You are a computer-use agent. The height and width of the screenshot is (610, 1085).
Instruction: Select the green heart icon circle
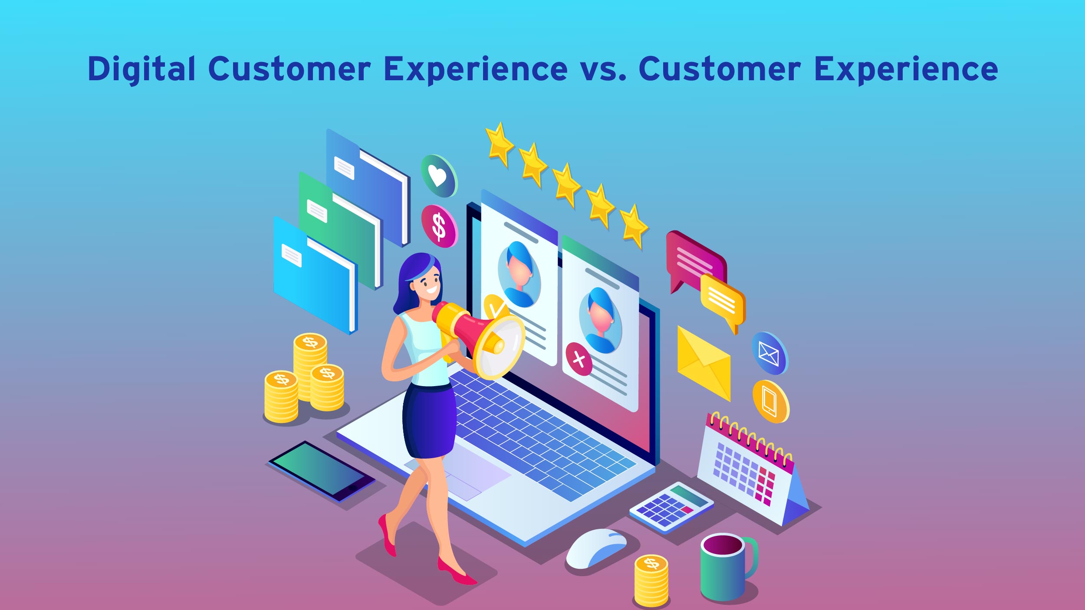[x=439, y=176]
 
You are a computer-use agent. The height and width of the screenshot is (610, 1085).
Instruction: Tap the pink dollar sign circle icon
[x=439, y=226]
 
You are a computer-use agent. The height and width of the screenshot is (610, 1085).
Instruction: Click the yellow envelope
[x=704, y=363]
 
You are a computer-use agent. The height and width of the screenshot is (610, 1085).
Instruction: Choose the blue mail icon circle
[x=769, y=353]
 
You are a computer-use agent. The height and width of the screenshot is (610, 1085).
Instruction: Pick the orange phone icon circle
[x=771, y=402]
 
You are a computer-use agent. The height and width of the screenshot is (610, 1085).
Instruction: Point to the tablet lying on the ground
[x=322, y=471]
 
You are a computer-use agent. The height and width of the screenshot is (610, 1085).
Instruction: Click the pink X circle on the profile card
[x=579, y=359]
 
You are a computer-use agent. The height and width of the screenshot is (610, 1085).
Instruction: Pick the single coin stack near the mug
[x=651, y=580]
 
